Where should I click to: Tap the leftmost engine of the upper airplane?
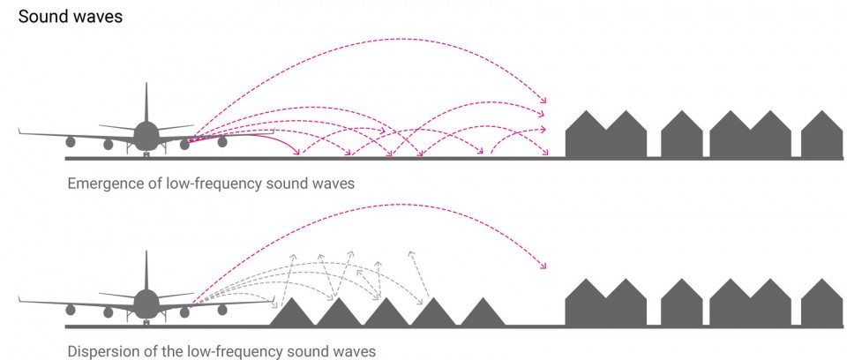coord(71,142)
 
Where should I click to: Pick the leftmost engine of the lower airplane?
coord(71,311)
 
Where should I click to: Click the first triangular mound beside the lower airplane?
coord(292,312)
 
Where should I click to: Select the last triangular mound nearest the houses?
coord(482,312)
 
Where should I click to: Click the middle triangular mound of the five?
coord(386,312)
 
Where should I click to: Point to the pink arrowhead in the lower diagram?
coord(544,266)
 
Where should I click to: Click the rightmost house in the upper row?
coord(821,134)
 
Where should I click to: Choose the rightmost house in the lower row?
coord(821,302)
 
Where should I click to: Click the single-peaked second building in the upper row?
coord(682,134)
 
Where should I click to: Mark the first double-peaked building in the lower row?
coord(605,302)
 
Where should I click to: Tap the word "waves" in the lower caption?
coord(355,352)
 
